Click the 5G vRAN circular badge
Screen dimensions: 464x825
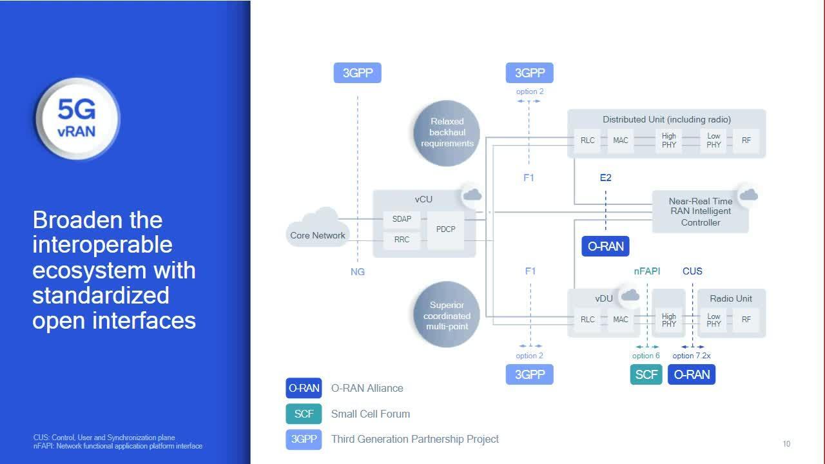(77, 119)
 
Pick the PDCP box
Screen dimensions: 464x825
(446, 229)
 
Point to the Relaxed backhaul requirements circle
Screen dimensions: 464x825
(447, 132)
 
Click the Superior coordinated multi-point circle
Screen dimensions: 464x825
(447, 316)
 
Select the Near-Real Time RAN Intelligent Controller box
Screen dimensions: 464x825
(701, 211)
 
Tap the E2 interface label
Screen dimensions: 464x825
(605, 178)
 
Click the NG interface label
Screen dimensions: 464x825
(358, 272)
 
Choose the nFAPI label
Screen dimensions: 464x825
(647, 271)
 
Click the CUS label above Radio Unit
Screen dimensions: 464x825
(692, 271)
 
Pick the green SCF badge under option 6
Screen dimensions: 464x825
(646, 374)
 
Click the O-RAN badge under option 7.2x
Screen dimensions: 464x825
(692, 374)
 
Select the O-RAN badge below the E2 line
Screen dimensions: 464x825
(606, 246)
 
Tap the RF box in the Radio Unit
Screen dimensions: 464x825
(746, 320)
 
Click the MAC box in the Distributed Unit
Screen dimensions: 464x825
(621, 140)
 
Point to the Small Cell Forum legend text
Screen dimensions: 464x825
(371, 414)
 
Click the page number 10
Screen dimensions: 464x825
(786, 444)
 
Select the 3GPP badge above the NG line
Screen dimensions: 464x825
(358, 73)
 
